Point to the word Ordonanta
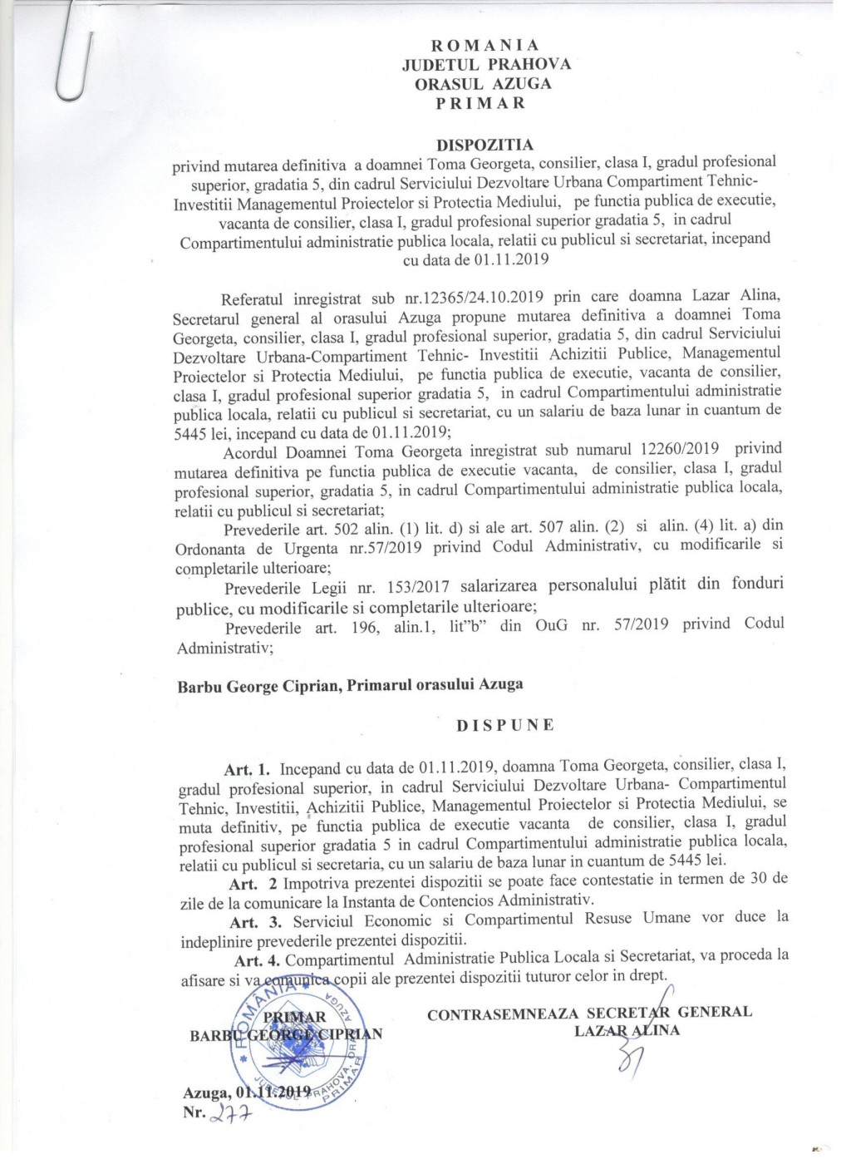point(215,549)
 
